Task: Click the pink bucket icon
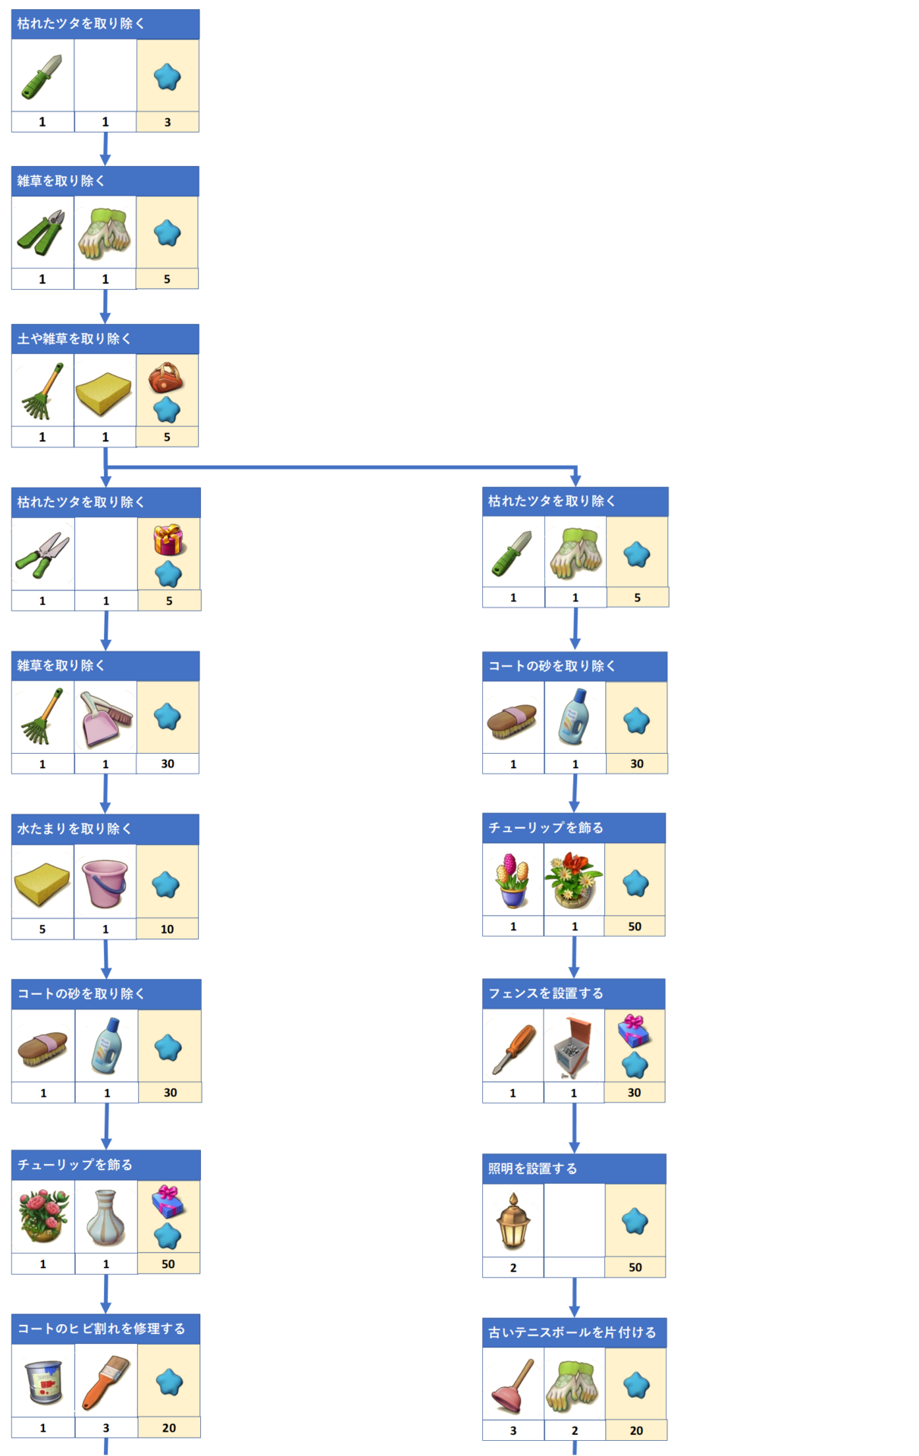click(105, 883)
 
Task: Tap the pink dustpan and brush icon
click(105, 718)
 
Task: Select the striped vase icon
click(105, 1217)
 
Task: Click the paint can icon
click(43, 1382)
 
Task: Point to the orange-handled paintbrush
click(105, 1382)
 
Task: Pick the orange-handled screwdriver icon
click(513, 1049)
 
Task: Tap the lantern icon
click(513, 1221)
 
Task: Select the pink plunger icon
click(513, 1386)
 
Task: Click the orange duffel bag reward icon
click(165, 377)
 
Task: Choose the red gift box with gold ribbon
click(168, 540)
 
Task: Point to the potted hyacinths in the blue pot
click(513, 880)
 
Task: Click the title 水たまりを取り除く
click(74, 829)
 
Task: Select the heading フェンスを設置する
click(546, 993)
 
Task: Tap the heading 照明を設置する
click(532, 1169)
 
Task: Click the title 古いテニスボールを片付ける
click(572, 1332)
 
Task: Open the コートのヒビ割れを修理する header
click(102, 1329)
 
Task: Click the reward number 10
click(167, 929)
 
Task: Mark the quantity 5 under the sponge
click(42, 929)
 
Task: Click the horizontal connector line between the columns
click(341, 467)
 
